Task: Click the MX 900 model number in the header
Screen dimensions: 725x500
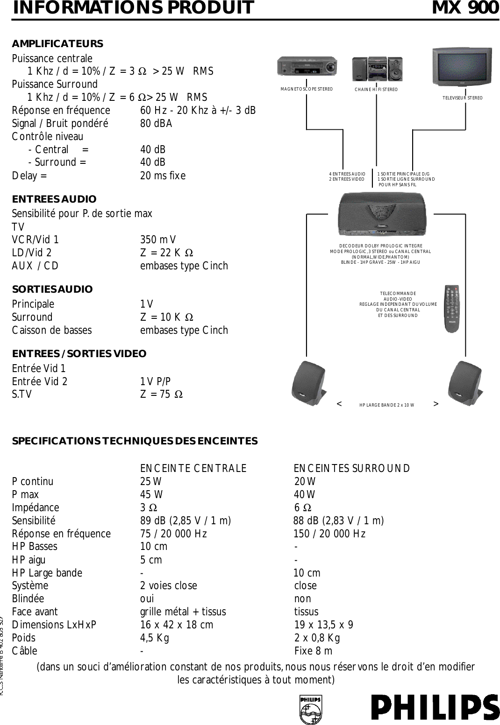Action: tap(465, 8)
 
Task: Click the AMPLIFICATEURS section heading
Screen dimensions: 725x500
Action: tap(57, 44)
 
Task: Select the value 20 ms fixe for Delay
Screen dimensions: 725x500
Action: tap(163, 176)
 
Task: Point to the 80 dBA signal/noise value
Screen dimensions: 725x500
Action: tap(156, 124)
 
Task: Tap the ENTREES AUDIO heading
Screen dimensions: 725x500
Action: tap(54, 199)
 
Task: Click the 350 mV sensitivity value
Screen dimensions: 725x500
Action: tap(158, 240)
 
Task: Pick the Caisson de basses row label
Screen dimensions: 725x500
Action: tap(52, 330)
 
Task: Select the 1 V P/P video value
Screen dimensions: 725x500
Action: tap(155, 381)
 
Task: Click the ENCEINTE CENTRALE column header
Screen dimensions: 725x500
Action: tap(193, 468)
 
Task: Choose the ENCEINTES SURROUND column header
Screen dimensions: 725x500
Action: tap(352, 468)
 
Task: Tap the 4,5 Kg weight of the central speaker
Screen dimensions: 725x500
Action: tap(155, 638)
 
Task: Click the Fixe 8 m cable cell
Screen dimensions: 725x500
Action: tap(313, 651)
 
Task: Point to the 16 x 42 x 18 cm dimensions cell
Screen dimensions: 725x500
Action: tap(177, 625)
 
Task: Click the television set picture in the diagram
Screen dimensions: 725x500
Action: tap(462, 67)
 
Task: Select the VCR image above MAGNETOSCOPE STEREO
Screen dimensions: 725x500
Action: tap(307, 66)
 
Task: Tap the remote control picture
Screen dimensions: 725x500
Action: tap(451, 309)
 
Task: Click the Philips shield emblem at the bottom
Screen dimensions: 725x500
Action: tap(310, 709)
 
